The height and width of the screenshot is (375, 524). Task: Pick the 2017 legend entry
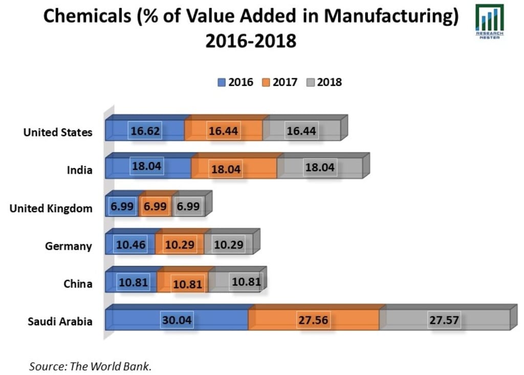coord(279,82)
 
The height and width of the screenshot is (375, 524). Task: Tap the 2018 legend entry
coord(324,82)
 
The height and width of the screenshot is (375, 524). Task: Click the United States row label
coord(58,132)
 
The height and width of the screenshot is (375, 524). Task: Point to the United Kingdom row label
coord(51,208)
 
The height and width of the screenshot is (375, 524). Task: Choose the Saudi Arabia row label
coord(60,322)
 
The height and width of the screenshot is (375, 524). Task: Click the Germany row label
coord(69,246)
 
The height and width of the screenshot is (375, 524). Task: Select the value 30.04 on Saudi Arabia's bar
coord(177,320)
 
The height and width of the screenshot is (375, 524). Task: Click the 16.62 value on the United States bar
coord(146,131)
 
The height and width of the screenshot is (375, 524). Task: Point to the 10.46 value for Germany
coord(131,245)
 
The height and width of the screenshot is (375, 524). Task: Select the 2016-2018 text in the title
coord(251,40)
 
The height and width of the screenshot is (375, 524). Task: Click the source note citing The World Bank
coord(91,366)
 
